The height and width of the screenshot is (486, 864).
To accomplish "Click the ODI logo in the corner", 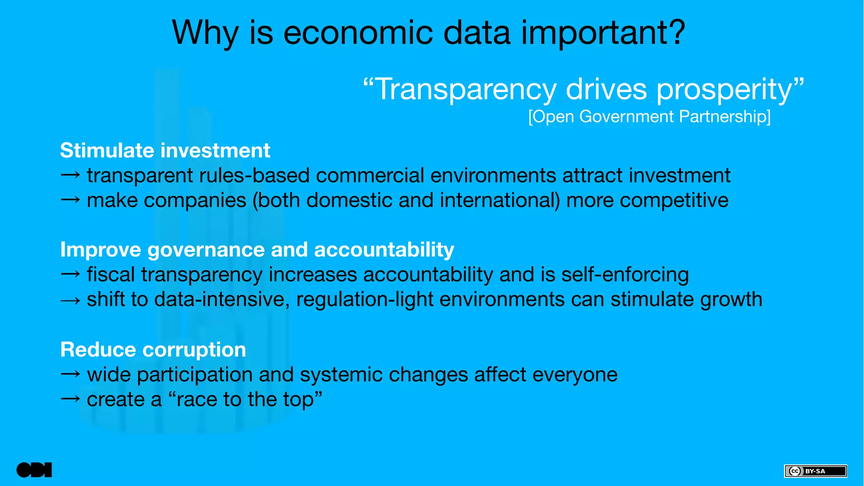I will click(34, 470).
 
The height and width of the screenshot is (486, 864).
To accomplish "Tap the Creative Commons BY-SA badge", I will click(815, 471).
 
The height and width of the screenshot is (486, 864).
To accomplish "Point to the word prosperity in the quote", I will click(724, 90).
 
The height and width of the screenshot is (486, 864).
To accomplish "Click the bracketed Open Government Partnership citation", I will click(649, 117).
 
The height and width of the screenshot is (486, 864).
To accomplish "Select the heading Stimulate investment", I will click(165, 151).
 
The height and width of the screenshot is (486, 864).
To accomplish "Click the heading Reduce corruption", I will click(153, 350).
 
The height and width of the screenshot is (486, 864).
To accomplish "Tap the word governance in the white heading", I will click(206, 250).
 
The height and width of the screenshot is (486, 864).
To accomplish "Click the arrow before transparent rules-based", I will click(70, 175).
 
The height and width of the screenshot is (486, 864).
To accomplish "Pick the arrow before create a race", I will click(70, 399).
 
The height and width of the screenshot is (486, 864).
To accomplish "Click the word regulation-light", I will click(364, 300).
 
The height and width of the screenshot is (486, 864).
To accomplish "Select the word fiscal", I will click(111, 275).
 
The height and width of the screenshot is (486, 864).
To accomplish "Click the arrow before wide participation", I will click(70, 374).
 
